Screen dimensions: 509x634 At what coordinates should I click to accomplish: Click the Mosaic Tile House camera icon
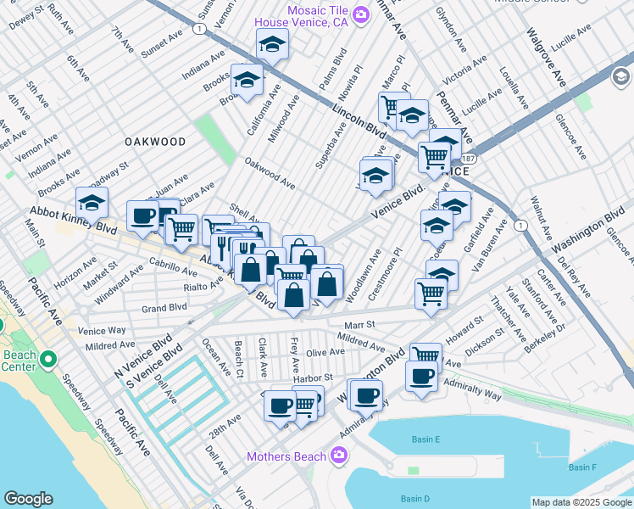pos(361,14)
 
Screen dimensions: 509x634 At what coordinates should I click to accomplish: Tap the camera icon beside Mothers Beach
pos(339,457)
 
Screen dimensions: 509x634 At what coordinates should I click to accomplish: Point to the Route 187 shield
pos(469,159)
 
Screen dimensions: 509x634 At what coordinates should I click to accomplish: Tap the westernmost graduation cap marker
pos(92,202)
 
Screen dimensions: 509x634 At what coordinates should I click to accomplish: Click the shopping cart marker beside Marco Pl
pos(393,106)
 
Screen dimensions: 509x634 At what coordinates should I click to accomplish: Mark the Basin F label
pos(582,467)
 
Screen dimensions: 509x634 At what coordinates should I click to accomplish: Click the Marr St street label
pos(359,325)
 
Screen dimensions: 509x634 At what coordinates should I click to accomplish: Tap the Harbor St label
pos(315,378)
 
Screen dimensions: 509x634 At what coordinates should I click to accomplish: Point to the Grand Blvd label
pos(164,308)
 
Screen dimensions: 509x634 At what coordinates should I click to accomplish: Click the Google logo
pos(29,499)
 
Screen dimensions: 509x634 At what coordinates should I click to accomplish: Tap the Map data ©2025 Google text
pos(581,502)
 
